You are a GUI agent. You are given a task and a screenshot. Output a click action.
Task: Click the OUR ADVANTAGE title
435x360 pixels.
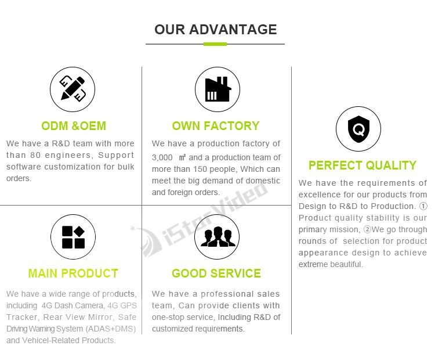pyautogui.click(x=216, y=30)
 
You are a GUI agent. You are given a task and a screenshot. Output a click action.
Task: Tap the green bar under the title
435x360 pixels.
pyautogui.click(x=215, y=44)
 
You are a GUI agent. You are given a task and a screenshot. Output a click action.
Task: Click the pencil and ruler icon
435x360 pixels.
pyautogui.click(x=72, y=89)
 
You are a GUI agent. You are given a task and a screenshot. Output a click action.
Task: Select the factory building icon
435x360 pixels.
pyautogui.click(x=217, y=89)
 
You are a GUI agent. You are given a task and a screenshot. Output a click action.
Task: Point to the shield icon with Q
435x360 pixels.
pyautogui.click(x=358, y=129)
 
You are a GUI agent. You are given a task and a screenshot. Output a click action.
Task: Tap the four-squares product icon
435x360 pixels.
pyautogui.click(x=73, y=237)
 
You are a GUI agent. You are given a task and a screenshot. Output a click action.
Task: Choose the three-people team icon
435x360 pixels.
pyautogui.click(x=217, y=237)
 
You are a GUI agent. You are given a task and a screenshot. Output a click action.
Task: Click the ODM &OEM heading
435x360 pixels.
pyautogui.click(x=74, y=126)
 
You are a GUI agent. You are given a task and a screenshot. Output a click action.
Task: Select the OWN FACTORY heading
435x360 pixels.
pyautogui.click(x=216, y=126)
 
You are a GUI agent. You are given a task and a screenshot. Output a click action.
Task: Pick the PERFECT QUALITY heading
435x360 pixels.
pyautogui.click(x=362, y=165)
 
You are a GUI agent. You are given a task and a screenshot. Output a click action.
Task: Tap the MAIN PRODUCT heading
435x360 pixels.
pyautogui.click(x=73, y=273)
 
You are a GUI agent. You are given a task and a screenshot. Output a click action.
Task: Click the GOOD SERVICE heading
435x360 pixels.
pyautogui.click(x=216, y=273)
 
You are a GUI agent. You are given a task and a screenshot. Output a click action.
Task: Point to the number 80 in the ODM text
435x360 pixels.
pyautogui.click(x=35, y=155)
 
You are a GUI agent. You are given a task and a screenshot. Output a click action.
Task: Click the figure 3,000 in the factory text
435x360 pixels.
pyautogui.click(x=162, y=158)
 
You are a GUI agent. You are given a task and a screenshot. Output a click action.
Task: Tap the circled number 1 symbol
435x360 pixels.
pyautogui.click(x=423, y=206)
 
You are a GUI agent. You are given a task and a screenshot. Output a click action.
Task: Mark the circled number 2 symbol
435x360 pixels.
pyautogui.click(x=367, y=229)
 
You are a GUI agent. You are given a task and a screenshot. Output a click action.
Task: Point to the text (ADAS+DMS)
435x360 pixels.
pyautogui.click(x=110, y=329)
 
